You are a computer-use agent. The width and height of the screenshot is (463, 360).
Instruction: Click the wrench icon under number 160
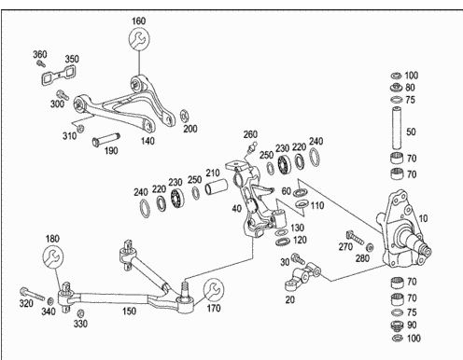click(x=139, y=39)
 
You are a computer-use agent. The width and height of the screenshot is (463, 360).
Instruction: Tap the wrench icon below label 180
click(x=53, y=256)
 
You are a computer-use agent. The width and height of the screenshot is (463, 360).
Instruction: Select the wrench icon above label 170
click(x=214, y=289)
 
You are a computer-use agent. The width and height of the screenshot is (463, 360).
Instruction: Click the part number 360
click(x=40, y=54)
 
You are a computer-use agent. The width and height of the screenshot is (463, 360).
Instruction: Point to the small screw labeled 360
click(x=41, y=63)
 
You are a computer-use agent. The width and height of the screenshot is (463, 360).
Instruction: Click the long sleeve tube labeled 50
click(x=396, y=128)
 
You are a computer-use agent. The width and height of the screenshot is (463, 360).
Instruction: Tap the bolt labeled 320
click(x=32, y=294)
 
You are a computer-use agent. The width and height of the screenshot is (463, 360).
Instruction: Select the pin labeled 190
click(x=106, y=139)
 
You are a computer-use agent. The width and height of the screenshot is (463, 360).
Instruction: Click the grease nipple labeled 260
click(x=252, y=147)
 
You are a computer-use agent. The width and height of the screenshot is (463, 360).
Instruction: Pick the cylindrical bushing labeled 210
click(x=216, y=187)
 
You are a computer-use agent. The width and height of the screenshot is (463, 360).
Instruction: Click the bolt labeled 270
click(x=355, y=237)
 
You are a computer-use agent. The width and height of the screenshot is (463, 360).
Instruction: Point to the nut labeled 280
click(x=370, y=247)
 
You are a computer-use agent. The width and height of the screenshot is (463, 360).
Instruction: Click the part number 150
click(x=129, y=311)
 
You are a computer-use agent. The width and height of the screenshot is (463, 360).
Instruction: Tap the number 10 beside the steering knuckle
click(x=423, y=218)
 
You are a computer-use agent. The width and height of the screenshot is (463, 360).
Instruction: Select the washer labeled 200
click(x=184, y=116)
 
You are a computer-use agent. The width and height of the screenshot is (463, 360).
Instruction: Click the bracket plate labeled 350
click(x=59, y=75)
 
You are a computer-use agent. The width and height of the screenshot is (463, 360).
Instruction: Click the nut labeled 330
click(x=80, y=312)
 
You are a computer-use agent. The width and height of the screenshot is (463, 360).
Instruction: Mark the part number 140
click(x=147, y=141)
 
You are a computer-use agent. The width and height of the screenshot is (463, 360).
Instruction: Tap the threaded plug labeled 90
click(x=397, y=325)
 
